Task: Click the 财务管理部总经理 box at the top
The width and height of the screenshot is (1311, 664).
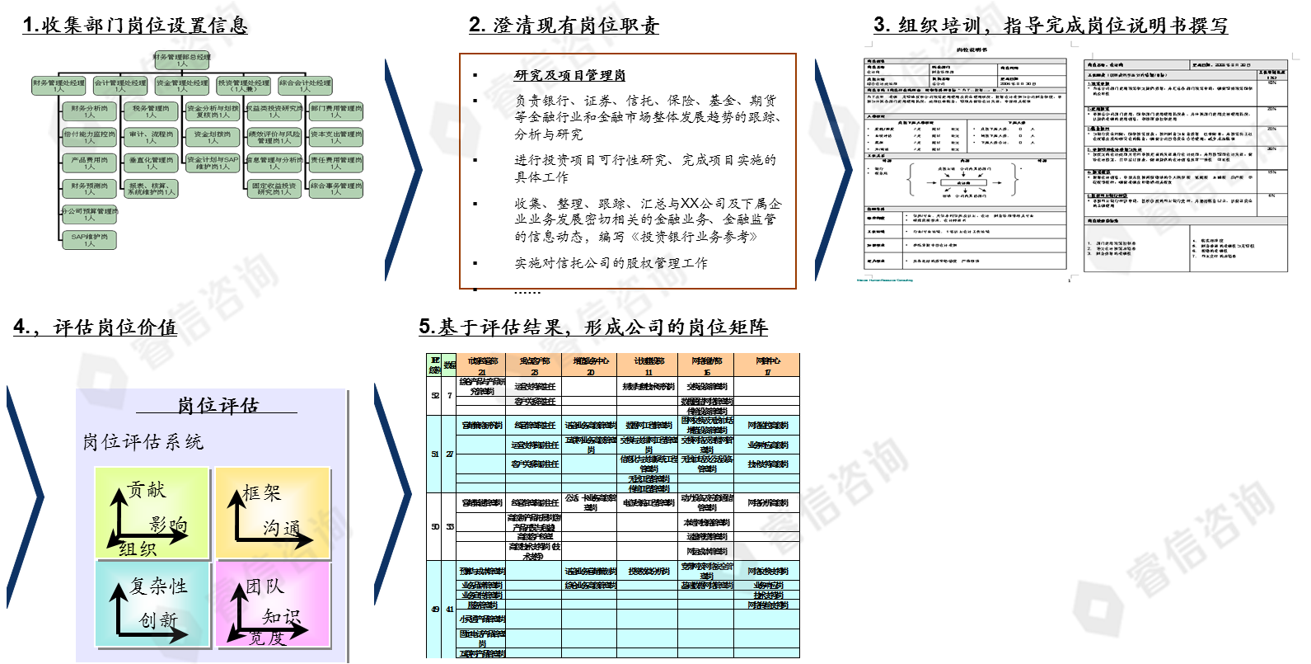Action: [x=181, y=60]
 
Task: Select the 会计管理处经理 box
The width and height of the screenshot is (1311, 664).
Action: [x=120, y=86]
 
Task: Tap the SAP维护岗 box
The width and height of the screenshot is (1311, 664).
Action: [x=89, y=240]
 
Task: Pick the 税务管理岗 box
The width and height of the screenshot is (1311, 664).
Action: [x=151, y=111]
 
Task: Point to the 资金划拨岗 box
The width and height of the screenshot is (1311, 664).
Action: [x=213, y=137]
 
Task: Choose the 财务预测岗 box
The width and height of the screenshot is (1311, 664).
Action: [x=89, y=189]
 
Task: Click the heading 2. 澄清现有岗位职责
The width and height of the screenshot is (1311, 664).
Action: [x=564, y=26]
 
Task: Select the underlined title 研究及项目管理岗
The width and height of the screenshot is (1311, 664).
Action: [x=569, y=75]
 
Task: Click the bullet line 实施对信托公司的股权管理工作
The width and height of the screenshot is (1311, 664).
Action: [x=611, y=263]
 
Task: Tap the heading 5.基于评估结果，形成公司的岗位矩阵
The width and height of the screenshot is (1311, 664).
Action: [x=592, y=327]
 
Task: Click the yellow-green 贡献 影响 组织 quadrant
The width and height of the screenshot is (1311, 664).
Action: [x=152, y=513]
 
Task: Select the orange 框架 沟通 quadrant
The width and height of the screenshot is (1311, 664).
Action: [x=274, y=513]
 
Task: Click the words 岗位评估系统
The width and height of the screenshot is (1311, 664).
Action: [x=143, y=442]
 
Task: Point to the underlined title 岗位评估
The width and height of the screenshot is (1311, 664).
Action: [x=218, y=405]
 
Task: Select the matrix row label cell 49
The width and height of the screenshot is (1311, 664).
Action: [x=435, y=610]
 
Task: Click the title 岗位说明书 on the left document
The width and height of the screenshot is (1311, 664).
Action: [x=972, y=49]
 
